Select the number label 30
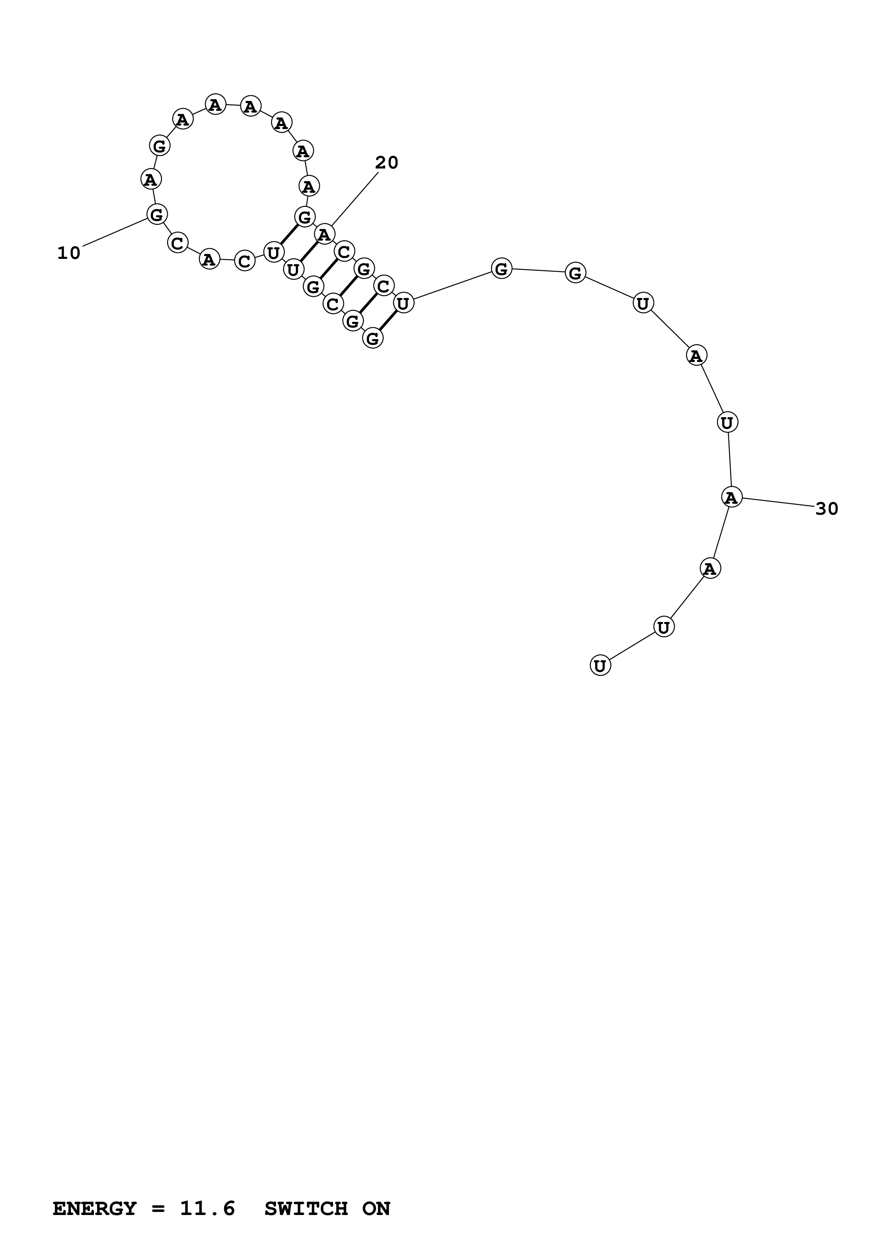[826, 508]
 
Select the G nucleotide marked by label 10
[157, 215]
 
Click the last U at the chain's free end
[600, 666]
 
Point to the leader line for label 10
[114, 233]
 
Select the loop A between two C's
[210, 260]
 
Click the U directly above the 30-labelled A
[727, 422]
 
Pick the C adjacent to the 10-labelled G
[177, 243]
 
